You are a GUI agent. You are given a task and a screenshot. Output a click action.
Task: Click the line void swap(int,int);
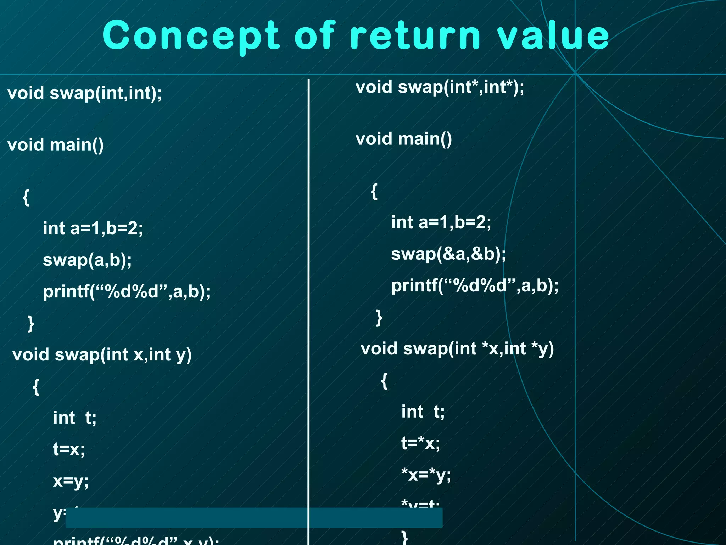[85, 93]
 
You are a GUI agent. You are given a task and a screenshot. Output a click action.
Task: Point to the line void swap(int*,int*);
[440, 87]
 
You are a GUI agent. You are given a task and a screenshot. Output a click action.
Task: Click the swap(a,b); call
[87, 260]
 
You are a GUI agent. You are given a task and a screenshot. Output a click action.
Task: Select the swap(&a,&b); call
[448, 254]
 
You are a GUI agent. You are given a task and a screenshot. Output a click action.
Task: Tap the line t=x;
[69, 450]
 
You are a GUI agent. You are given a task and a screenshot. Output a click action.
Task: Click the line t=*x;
[420, 444]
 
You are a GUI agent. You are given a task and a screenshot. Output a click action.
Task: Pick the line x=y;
[71, 481]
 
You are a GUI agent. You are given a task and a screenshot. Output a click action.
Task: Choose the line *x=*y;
[426, 475]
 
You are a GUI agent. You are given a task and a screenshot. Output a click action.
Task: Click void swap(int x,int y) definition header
[102, 355]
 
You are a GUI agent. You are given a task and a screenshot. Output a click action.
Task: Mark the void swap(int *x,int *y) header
[457, 349]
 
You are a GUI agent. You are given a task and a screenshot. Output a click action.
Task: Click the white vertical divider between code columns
[309, 284]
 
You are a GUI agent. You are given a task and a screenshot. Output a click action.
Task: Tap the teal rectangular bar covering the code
[254, 518]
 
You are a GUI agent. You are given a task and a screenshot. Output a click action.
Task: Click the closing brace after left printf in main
[31, 324]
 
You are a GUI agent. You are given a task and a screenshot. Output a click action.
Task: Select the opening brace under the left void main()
[26, 197]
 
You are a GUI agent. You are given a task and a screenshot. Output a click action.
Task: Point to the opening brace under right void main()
[374, 192]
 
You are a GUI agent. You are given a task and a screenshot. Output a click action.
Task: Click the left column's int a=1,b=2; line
[93, 228]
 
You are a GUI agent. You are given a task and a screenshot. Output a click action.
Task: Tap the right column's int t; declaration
[423, 412]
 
